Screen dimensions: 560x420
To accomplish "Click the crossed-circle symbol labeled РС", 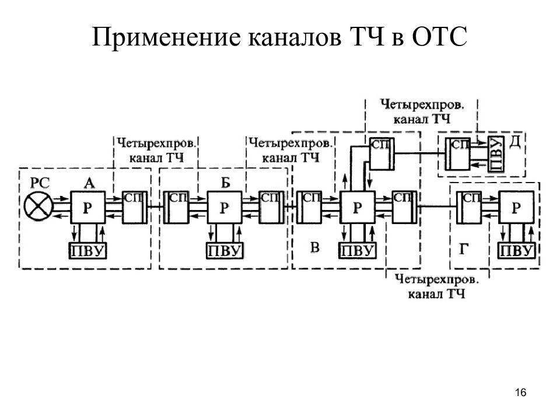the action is click(38, 206).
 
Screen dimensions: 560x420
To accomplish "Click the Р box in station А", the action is click(87, 207).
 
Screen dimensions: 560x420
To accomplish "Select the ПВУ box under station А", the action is click(87, 251).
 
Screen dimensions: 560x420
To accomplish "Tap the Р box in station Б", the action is click(225, 207).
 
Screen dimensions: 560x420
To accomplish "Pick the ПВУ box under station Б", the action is click(225, 251).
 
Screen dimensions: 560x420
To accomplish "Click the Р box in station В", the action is click(357, 207).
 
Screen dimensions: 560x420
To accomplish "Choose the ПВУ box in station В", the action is click(358, 251).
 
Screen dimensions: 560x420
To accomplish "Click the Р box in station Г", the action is click(516, 207).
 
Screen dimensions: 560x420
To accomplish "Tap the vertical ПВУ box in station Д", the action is click(496, 154).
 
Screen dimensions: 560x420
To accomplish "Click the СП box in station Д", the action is click(457, 154).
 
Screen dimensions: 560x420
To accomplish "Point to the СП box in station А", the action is click(135, 208).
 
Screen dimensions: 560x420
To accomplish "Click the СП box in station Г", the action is click(469, 208).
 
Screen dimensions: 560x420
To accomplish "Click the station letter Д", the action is click(514, 142).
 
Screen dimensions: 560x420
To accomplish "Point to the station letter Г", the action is click(464, 249).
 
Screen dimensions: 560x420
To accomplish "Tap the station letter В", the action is click(314, 247).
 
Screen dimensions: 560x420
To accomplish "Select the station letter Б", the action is click(225, 183).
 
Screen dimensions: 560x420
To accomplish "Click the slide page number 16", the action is click(520, 393).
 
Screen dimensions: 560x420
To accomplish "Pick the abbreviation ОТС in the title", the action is click(439, 36).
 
